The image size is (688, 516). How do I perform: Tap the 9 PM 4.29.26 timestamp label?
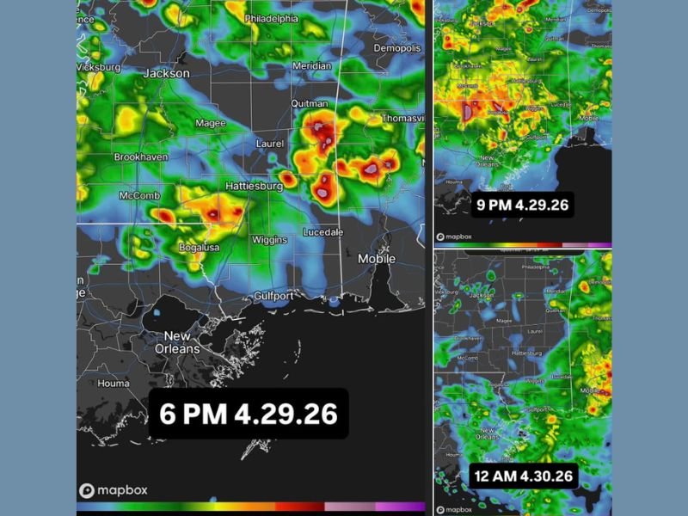[x=524, y=205]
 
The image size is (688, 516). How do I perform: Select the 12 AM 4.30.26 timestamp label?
[x=523, y=475]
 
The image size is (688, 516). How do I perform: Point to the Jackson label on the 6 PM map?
[x=166, y=74]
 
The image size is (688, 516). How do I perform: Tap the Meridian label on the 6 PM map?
[x=310, y=65]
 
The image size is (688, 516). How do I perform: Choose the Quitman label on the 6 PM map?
[x=310, y=103]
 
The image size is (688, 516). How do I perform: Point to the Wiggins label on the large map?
[x=269, y=240]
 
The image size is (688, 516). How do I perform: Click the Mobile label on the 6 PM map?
[x=377, y=258]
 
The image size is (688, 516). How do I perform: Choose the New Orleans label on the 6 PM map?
[x=182, y=342]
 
